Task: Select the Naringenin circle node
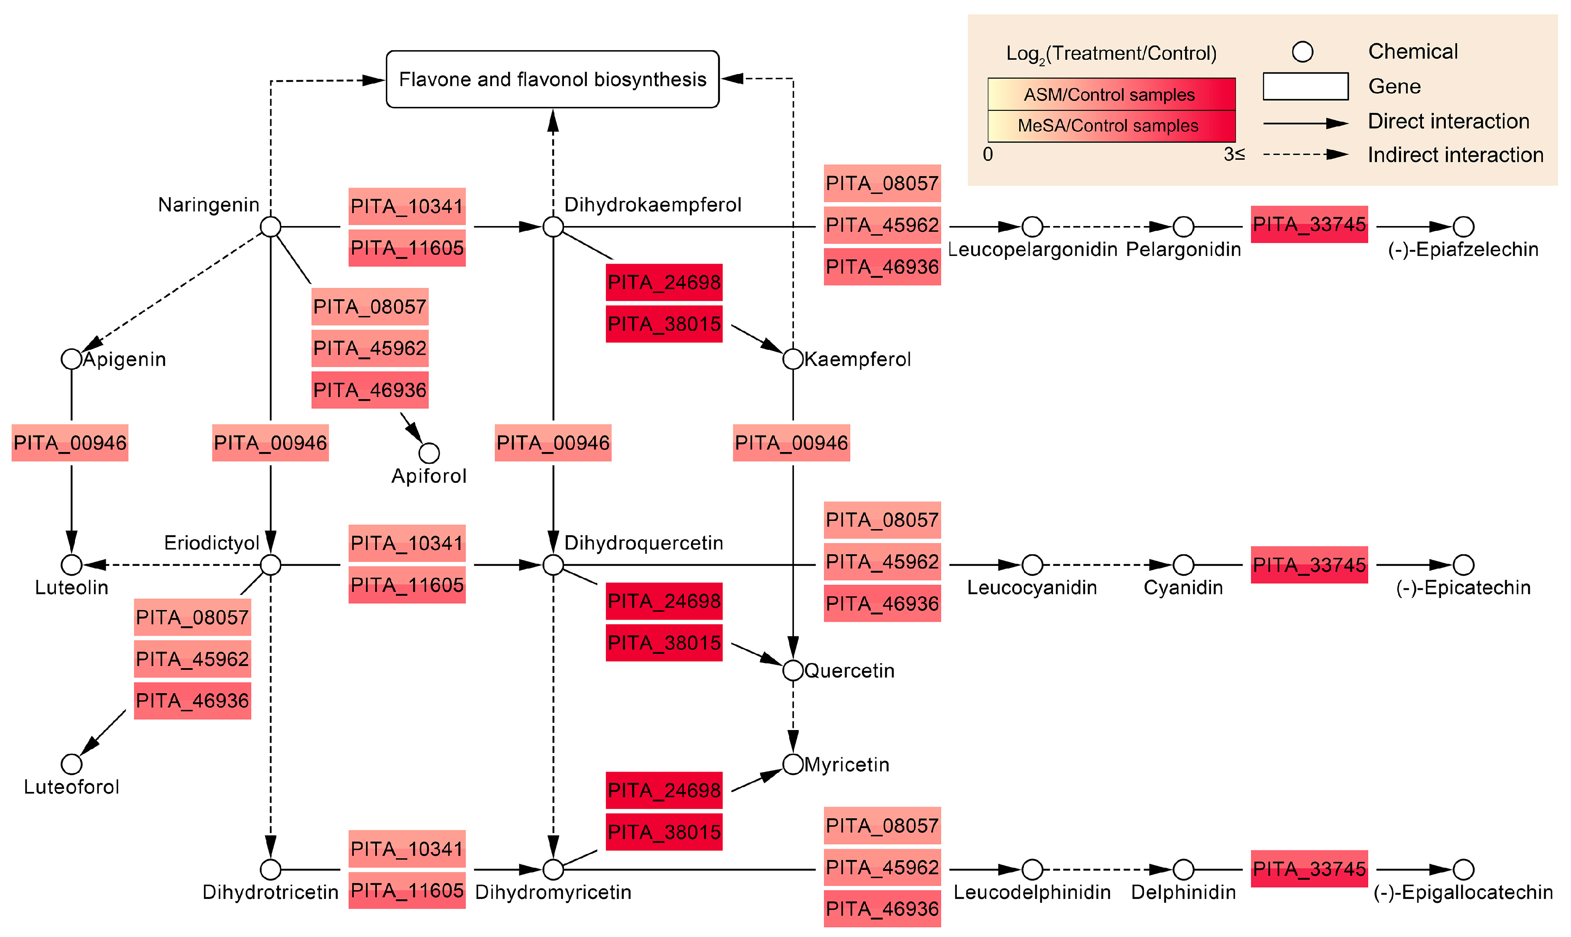point(270,227)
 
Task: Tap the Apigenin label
point(124,359)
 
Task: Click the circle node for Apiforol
point(429,453)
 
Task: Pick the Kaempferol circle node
point(793,359)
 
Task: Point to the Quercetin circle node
point(793,671)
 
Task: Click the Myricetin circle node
point(793,764)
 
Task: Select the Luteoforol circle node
point(71,764)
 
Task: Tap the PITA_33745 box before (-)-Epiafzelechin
point(1309,224)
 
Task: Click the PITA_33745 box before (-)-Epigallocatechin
point(1309,869)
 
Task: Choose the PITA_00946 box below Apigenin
point(70,443)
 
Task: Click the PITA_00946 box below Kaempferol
point(791,443)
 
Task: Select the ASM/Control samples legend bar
point(1111,95)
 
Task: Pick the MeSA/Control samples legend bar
point(1111,126)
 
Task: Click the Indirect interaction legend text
point(1455,155)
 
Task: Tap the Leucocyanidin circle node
point(1032,565)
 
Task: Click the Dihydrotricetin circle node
point(270,869)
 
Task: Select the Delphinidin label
point(1183,892)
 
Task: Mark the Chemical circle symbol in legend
point(1302,52)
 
